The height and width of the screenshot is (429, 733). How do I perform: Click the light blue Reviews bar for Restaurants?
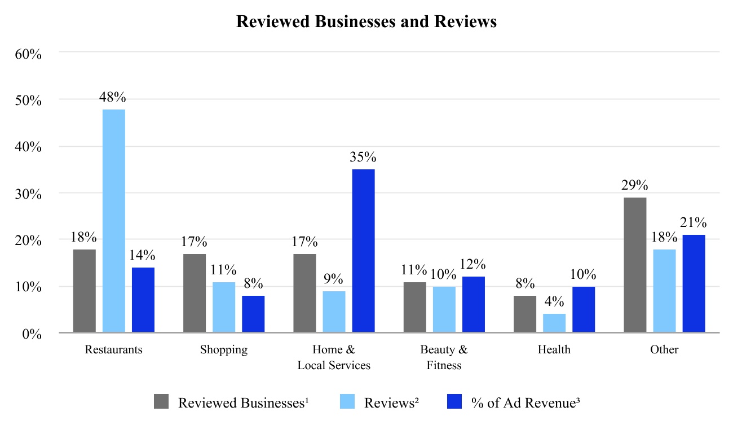coord(114,221)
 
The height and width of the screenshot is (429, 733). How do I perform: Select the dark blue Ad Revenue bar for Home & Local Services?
coord(364,251)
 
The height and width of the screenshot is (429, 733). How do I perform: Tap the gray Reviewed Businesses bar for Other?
coord(635,265)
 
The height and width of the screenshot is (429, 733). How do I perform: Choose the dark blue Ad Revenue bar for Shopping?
coord(253,314)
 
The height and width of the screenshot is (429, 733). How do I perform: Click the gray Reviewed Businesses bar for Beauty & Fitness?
coord(415,307)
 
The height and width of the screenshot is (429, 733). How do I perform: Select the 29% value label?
coord(635,185)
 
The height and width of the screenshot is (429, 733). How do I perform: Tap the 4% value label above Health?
coord(554,301)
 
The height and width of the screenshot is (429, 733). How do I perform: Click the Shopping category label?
coord(224,349)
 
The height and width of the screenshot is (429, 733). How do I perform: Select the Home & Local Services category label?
coord(334,357)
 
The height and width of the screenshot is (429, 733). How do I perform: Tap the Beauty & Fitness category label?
coord(444,357)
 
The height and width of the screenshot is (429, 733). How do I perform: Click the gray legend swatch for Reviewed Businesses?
coord(161,402)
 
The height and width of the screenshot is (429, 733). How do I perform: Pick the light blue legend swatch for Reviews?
coord(347,402)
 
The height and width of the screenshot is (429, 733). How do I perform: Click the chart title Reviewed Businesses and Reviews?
coord(366,21)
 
